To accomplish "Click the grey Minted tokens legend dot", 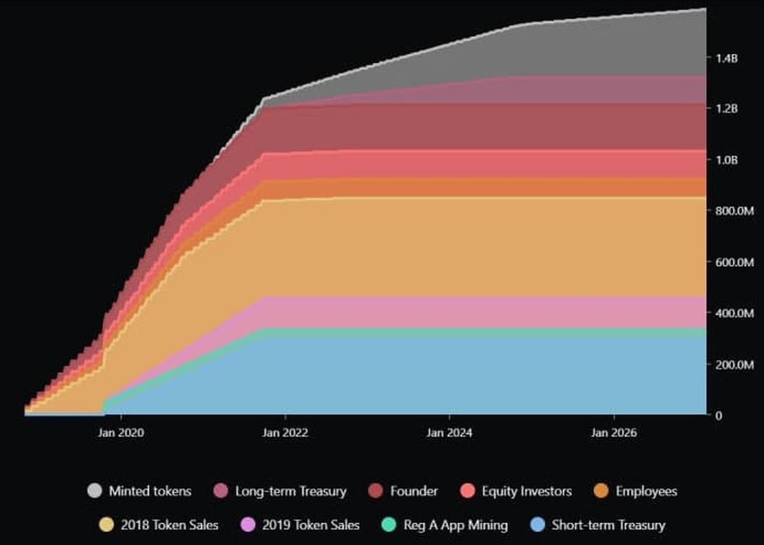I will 94,491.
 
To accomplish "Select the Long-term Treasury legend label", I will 291,491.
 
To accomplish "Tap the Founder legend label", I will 414,491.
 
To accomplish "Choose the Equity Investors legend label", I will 527,491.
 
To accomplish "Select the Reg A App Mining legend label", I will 456,525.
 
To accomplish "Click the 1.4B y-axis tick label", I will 726,58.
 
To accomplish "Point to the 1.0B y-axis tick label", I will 726,160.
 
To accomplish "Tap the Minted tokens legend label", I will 150,491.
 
